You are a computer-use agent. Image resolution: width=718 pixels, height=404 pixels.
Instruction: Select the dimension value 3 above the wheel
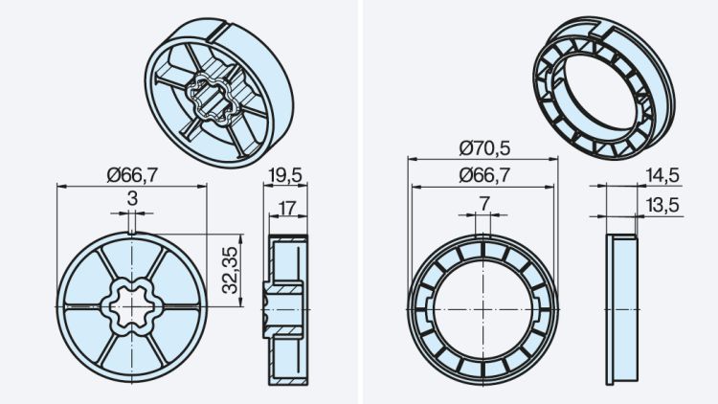pos(131,197)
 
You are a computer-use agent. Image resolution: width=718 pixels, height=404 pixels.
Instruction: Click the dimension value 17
pos(288,207)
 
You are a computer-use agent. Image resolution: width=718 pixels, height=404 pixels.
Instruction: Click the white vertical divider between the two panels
pos(359,202)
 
